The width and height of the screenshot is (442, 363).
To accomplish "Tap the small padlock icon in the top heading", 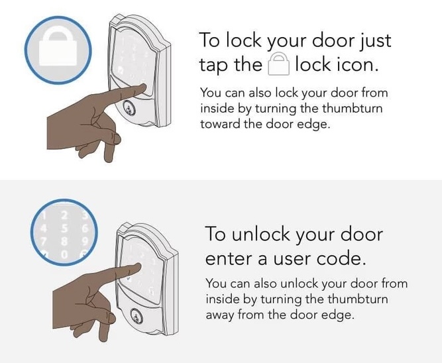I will click(x=278, y=65).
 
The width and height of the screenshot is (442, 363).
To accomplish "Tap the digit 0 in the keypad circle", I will click(x=64, y=253).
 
